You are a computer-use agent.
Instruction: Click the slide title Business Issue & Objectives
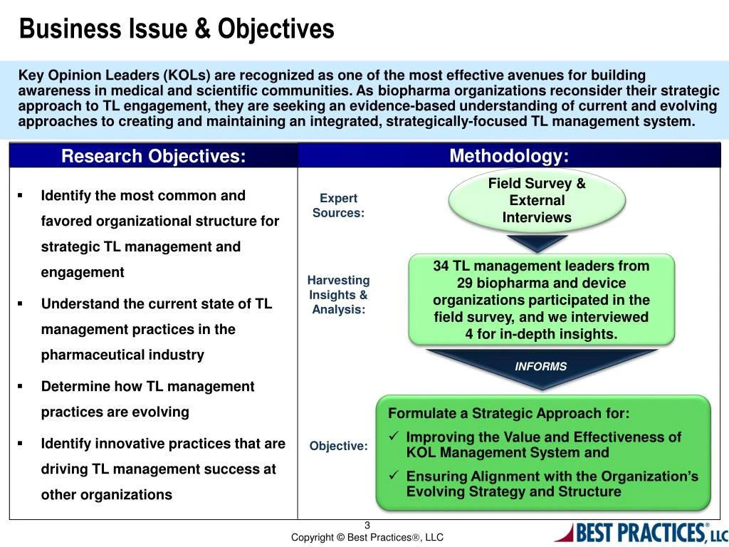point(176,29)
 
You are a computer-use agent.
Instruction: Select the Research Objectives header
point(153,156)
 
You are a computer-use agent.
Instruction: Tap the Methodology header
point(509,156)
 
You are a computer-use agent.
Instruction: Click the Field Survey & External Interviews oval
point(537,201)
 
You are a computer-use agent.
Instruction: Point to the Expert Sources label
point(338,205)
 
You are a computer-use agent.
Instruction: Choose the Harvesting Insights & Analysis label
point(338,295)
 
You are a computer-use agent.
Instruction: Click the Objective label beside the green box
point(339,446)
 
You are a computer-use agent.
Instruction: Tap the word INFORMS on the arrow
point(541,366)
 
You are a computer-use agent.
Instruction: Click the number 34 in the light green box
point(441,266)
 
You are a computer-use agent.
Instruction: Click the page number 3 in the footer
point(367,526)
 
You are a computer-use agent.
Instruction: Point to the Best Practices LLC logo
point(640,532)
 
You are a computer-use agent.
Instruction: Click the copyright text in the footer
point(367,538)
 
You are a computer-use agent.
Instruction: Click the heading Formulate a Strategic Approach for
point(508,414)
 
